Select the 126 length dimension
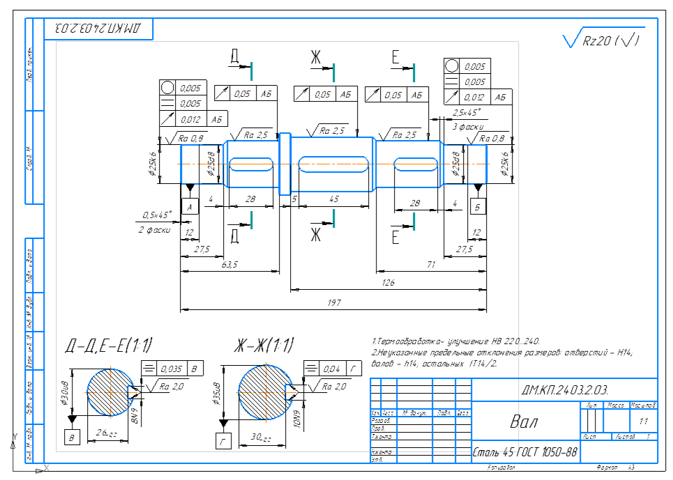click(388, 282)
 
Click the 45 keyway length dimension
click(334, 199)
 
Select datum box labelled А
click(190, 207)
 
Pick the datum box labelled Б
click(478, 207)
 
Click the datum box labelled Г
click(223, 440)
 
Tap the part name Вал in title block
click(524, 422)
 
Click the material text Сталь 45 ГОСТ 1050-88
click(524, 453)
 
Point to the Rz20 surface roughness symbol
click(604, 40)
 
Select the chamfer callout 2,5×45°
click(467, 111)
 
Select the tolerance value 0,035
click(169, 369)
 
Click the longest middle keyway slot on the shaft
click(333, 164)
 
